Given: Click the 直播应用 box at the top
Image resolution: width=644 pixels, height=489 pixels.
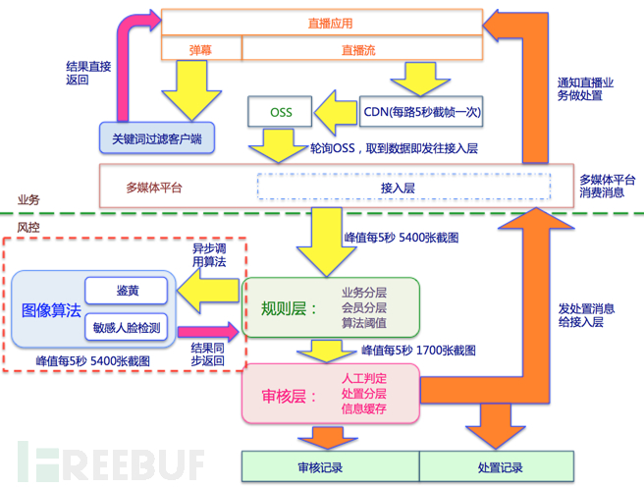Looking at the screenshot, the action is tap(322, 23).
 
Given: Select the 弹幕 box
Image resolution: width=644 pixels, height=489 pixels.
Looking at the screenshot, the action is tap(201, 48).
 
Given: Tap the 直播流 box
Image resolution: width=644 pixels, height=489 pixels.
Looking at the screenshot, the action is tap(362, 48).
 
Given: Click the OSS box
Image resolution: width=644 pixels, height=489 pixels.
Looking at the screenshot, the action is tap(280, 111).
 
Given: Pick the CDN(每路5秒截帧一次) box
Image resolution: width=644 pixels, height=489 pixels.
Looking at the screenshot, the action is tap(421, 111).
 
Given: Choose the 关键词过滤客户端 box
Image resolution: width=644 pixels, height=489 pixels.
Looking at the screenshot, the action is tap(157, 138).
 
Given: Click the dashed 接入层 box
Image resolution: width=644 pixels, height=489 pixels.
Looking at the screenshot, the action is tap(403, 187).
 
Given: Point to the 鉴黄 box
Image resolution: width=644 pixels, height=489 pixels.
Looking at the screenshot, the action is tap(126, 291).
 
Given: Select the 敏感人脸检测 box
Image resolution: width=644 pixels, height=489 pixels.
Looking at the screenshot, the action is tap(126, 327).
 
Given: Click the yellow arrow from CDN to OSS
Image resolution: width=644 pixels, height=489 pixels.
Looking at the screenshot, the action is tap(336, 113).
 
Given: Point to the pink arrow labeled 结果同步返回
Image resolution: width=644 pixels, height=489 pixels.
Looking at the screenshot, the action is tap(208, 331).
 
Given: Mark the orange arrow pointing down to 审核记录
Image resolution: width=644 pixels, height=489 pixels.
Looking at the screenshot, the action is tap(327, 438).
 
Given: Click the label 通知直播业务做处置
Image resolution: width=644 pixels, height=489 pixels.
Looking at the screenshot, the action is tap(585, 88).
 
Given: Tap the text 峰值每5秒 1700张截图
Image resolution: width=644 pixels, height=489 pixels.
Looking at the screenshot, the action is tap(418, 351).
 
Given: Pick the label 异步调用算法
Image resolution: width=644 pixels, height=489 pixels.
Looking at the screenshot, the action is tap(209, 254).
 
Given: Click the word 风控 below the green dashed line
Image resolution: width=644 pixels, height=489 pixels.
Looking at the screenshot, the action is tap(28, 227).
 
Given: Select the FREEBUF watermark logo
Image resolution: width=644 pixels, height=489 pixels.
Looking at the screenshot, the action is tap(111, 462).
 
